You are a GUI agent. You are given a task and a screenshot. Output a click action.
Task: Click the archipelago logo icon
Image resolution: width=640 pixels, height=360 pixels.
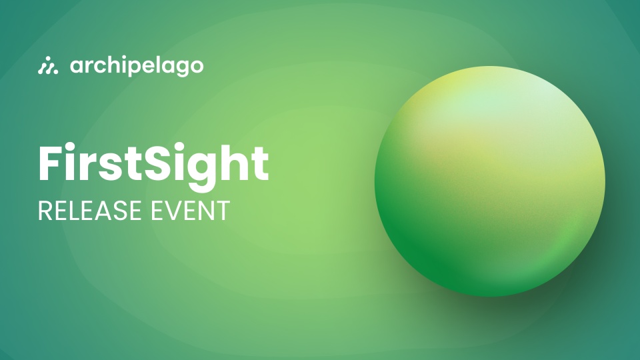point(48,65)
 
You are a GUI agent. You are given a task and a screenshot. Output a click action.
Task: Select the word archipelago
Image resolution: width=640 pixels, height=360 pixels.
point(137,66)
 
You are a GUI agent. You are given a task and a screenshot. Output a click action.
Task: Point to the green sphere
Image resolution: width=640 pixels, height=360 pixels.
point(490,181)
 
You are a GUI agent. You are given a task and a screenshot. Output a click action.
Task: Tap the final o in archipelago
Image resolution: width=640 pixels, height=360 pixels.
point(196,66)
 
